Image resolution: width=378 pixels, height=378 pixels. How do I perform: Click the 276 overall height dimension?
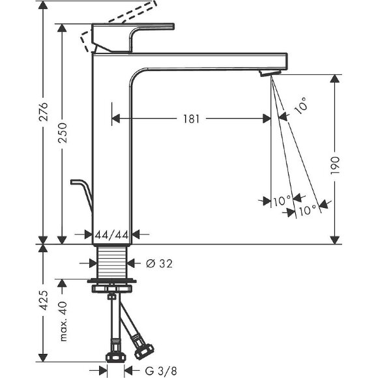(x=44, y=111)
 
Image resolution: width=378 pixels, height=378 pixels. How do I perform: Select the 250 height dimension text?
(x=63, y=133)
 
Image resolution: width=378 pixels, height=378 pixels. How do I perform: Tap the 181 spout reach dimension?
(x=192, y=119)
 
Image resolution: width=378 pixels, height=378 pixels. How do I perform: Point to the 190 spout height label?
(x=335, y=166)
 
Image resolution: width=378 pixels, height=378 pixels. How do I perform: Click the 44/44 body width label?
(x=111, y=235)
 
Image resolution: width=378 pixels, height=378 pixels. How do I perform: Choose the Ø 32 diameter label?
(x=160, y=264)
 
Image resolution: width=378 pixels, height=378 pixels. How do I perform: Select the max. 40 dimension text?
(x=63, y=321)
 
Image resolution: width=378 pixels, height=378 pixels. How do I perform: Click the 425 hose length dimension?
(x=44, y=300)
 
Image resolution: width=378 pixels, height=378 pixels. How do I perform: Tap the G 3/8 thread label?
(x=161, y=371)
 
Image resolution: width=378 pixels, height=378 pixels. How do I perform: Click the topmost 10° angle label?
(x=300, y=106)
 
